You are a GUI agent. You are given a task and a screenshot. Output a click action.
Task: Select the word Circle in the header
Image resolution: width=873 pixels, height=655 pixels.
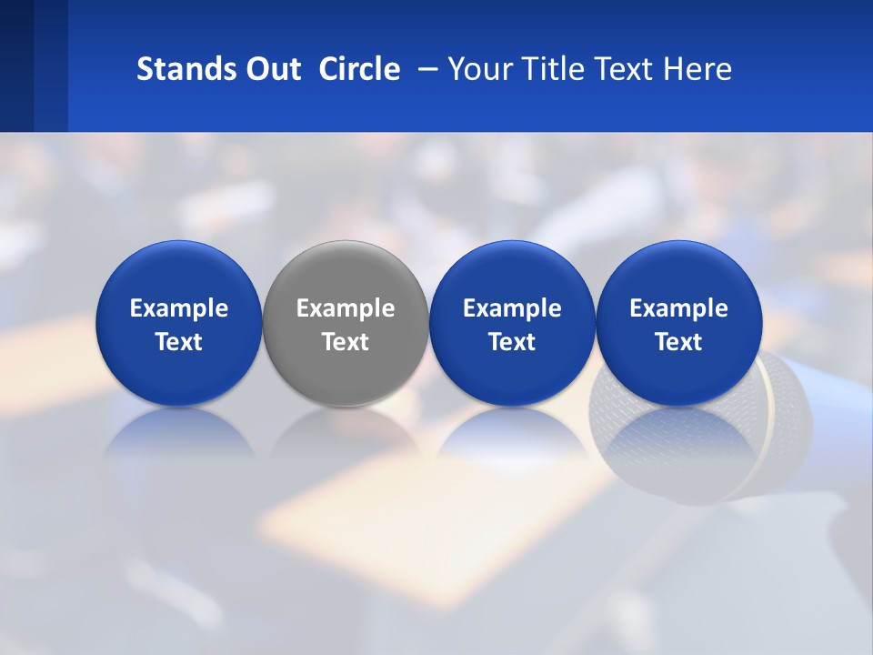coord(359,69)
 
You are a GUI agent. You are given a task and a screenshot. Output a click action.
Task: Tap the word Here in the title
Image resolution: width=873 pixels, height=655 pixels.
coord(699,69)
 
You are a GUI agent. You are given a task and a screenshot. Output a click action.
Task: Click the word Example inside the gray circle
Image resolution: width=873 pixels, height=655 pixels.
coord(346,308)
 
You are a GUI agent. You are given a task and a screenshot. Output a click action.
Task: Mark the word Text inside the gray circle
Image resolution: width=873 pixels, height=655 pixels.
coord(346,342)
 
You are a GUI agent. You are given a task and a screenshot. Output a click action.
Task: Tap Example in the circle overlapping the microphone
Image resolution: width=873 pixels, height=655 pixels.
coord(679,308)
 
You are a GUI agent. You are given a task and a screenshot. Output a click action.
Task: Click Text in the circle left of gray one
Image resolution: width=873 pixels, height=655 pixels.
coord(179,342)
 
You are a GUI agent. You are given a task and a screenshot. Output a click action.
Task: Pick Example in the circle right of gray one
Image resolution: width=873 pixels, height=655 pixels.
coord(512,308)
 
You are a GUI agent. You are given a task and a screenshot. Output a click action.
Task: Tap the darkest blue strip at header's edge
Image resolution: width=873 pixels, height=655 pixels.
coord(16,65)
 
